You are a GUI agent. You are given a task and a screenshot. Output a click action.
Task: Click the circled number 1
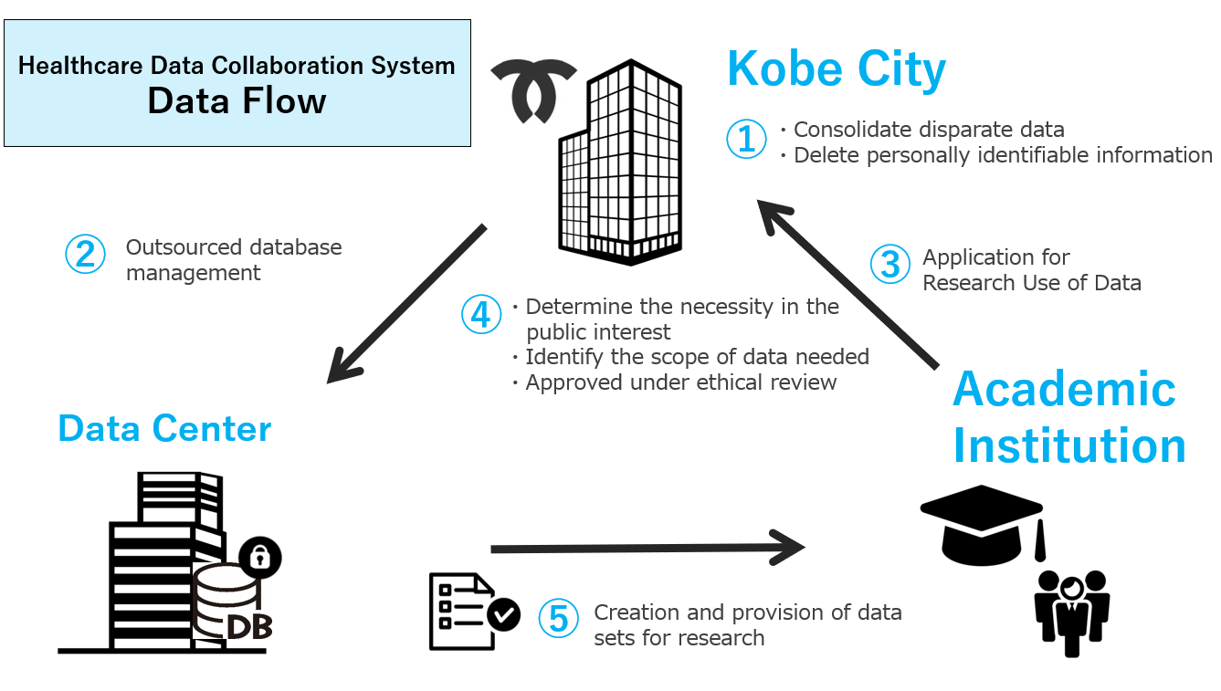coord(746,140)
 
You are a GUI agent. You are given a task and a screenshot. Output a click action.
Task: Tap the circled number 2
coord(85,254)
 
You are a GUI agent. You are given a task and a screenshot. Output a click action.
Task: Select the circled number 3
coord(889,264)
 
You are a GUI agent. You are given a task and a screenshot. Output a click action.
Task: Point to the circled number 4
coord(481,314)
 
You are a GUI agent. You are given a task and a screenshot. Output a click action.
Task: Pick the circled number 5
coord(558,619)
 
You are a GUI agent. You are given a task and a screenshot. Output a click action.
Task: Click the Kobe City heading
coord(837,69)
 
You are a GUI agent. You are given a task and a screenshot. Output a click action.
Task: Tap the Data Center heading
coord(164,428)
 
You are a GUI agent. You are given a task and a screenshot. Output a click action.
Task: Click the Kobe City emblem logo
coord(533,90)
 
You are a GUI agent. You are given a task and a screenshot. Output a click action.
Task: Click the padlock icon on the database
coord(260,557)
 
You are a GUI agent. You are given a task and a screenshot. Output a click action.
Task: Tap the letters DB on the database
coord(248,627)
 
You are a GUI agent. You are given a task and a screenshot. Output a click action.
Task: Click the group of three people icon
coord(1071,610)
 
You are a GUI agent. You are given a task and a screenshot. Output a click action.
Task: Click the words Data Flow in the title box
coord(237,101)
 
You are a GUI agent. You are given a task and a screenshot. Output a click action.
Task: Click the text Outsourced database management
coord(234,260)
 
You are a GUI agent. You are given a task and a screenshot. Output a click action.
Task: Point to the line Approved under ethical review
coord(679,382)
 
